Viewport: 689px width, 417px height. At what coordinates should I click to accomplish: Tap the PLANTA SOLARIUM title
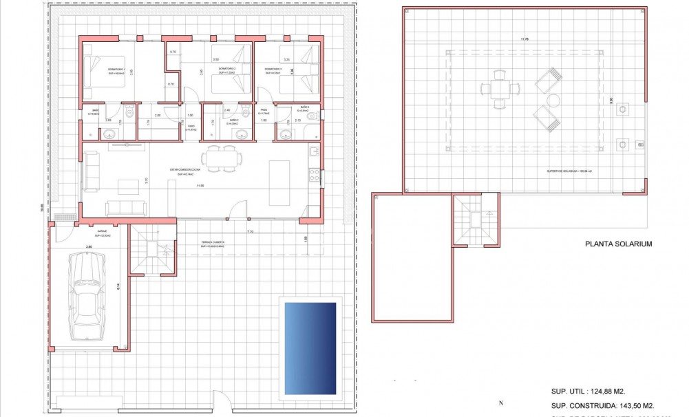pyautogui.click(x=617, y=244)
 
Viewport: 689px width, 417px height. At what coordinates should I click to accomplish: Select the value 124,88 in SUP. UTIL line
pyautogui.click(x=606, y=391)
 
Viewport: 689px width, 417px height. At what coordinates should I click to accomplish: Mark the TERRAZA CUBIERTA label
pyautogui.click(x=213, y=243)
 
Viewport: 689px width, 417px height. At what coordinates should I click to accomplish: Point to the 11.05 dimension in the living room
pyautogui.click(x=200, y=186)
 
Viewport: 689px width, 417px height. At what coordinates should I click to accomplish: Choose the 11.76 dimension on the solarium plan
pyautogui.click(x=525, y=39)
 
